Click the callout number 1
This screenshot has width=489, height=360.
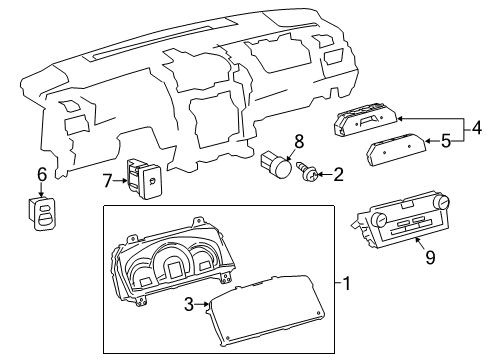pyautogui.click(x=347, y=284)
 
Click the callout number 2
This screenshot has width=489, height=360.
pyautogui.click(x=338, y=176)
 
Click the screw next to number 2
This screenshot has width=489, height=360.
pyautogui.click(x=310, y=176)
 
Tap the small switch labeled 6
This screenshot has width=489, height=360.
pyautogui.click(x=43, y=211)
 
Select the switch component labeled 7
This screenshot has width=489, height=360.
pyautogui.click(x=143, y=178)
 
